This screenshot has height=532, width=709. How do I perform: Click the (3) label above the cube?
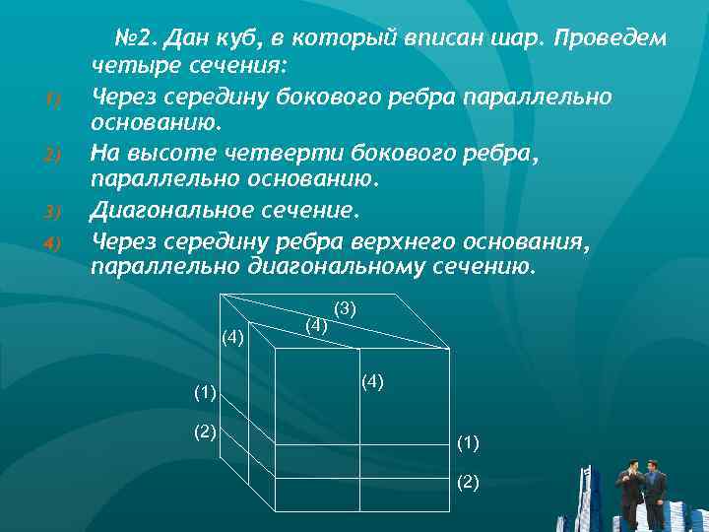345,309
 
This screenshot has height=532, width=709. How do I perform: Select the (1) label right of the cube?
468,443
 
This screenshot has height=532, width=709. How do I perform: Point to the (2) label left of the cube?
205,432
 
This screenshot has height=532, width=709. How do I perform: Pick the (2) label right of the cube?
468,483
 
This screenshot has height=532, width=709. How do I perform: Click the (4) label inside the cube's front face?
372,380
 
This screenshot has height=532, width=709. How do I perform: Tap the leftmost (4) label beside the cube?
233,337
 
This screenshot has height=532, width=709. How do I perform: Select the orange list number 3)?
54,213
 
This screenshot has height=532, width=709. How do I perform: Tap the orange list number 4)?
54,241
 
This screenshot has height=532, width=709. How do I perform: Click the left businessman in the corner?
630,488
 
